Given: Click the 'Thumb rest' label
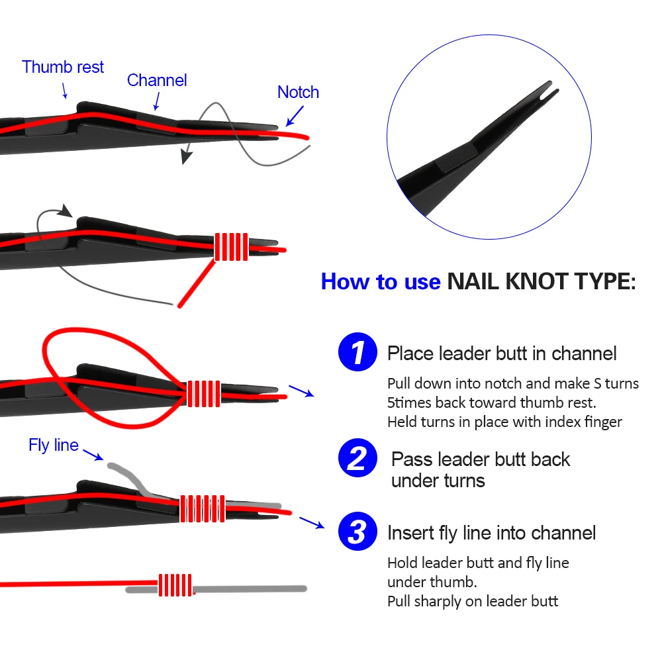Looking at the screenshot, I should (63, 67).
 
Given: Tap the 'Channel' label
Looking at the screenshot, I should (157, 80).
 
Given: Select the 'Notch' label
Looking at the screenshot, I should (298, 92).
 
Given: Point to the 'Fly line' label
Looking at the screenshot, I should (54, 445).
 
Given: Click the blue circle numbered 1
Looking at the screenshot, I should (357, 352).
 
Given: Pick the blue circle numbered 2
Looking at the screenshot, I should (357, 459).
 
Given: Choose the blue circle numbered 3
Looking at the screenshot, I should (357, 532).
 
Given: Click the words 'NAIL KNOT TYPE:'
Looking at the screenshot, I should (541, 281).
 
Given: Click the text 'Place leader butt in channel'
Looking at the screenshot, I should (502, 353).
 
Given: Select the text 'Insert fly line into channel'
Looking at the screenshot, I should (491, 532).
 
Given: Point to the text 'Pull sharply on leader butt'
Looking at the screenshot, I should (473, 601).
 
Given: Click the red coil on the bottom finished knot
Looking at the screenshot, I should (175, 585).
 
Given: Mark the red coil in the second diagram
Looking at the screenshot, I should (231, 246).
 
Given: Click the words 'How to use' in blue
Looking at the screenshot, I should (380, 281).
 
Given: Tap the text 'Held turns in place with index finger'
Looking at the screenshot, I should (504, 421).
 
